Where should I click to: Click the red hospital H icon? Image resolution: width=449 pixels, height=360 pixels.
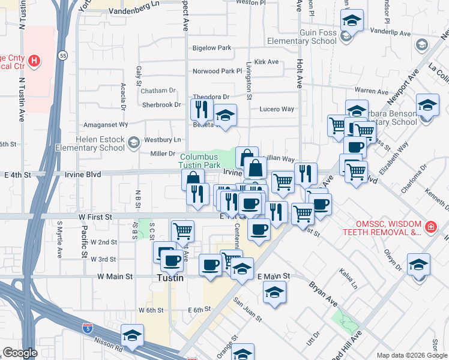(35, 61)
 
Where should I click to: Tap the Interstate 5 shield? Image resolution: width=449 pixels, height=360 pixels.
(88, 328)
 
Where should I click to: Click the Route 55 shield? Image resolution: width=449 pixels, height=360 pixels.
(63, 56)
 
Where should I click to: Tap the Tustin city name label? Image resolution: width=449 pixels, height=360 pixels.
(169, 278)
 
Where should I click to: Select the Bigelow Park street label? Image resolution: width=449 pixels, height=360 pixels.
(211, 47)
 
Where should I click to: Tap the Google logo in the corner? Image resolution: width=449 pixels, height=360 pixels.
(20, 353)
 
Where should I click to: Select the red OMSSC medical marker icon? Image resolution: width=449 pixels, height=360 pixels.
(430, 227)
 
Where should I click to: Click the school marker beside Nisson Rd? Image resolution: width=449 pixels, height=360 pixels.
(131, 335)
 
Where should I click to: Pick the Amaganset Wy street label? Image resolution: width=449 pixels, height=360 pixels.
(106, 124)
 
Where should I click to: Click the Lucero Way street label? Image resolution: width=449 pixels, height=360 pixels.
(276, 109)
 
